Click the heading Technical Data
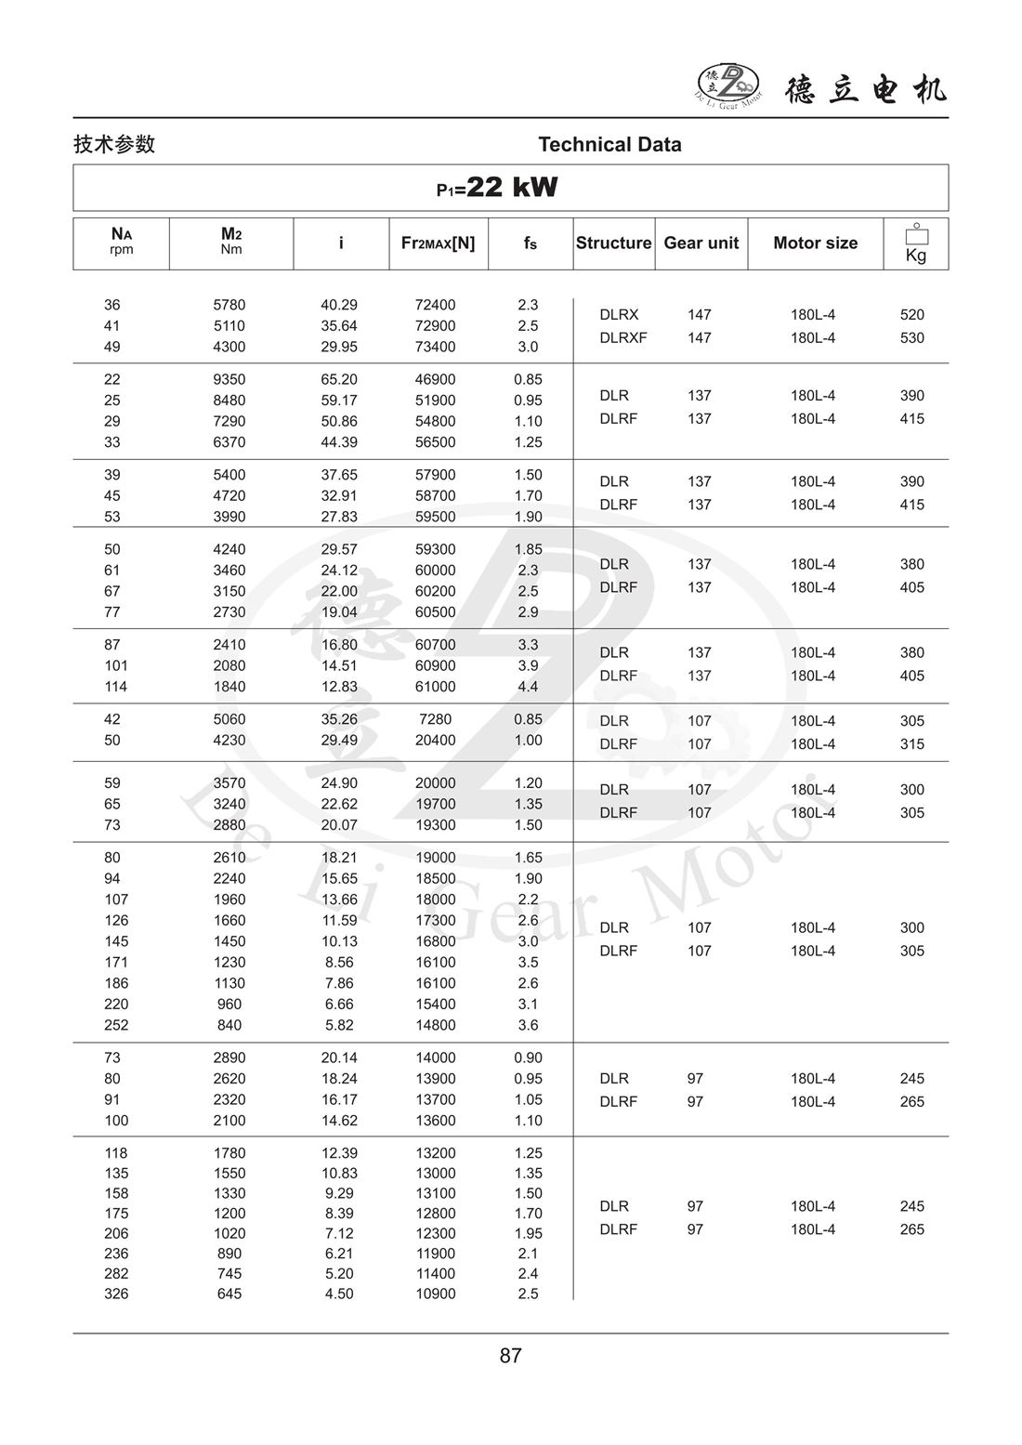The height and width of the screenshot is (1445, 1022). pyautogui.click(x=609, y=144)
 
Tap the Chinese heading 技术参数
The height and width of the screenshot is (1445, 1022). pyautogui.click(x=114, y=144)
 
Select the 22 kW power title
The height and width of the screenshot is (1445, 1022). pyautogui.click(x=498, y=188)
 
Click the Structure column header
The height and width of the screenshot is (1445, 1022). pyautogui.click(x=613, y=243)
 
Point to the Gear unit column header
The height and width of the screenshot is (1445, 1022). pyautogui.click(x=701, y=243)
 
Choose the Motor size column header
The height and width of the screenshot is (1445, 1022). pyautogui.click(x=815, y=243)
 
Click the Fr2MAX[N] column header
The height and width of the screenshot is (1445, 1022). pyautogui.click(x=438, y=243)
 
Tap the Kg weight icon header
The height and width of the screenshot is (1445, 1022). pyautogui.click(x=915, y=244)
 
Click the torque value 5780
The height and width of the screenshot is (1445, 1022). pyautogui.click(x=229, y=305)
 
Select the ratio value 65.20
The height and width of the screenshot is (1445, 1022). pyautogui.click(x=339, y=379)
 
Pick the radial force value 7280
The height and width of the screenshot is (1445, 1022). pyautogui.click(x=435, y=719)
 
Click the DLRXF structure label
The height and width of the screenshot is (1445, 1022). pyautogui.click(x=622, y=337)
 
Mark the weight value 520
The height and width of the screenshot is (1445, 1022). pyautogui.click(x=911, y=314)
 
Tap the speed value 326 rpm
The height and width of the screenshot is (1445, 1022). pyautogui.click(x=116, y=1294)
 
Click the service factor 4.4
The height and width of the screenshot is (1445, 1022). pyautogui.click(x=528, y=687)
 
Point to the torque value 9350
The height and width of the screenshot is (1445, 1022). pyautogui.click(x=229, y=379)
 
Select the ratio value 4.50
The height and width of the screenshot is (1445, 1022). pyautogui.click(x=339, y=1294)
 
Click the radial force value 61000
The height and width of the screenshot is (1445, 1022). pyautogui.click(x=435, y=687)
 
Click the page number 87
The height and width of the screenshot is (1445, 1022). pyautogui.click(x=510, y=1356)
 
